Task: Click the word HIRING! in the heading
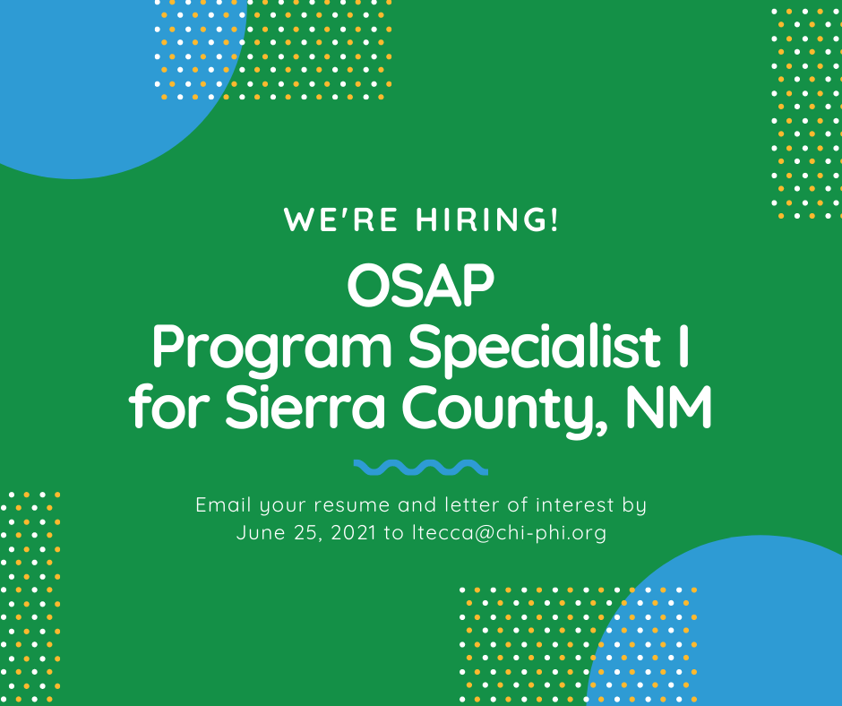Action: (x=487, y=220)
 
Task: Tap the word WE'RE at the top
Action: (x=341, y=220)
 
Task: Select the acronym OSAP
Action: (x=420, y=285)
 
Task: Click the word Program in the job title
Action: (x=273, y=349)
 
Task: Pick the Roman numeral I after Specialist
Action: (x=683, y=346)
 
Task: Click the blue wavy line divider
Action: (x=421, y=468)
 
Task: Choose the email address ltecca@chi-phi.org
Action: (x=509, y=533)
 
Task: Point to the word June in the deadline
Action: (x=261, y=533)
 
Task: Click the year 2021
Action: (x=354, y=533)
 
